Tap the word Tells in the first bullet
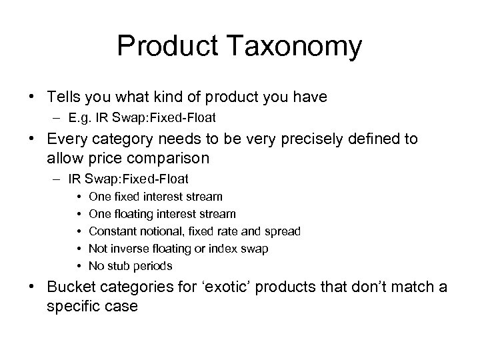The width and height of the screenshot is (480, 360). point(64,97)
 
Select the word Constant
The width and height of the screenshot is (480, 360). point(111,231)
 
